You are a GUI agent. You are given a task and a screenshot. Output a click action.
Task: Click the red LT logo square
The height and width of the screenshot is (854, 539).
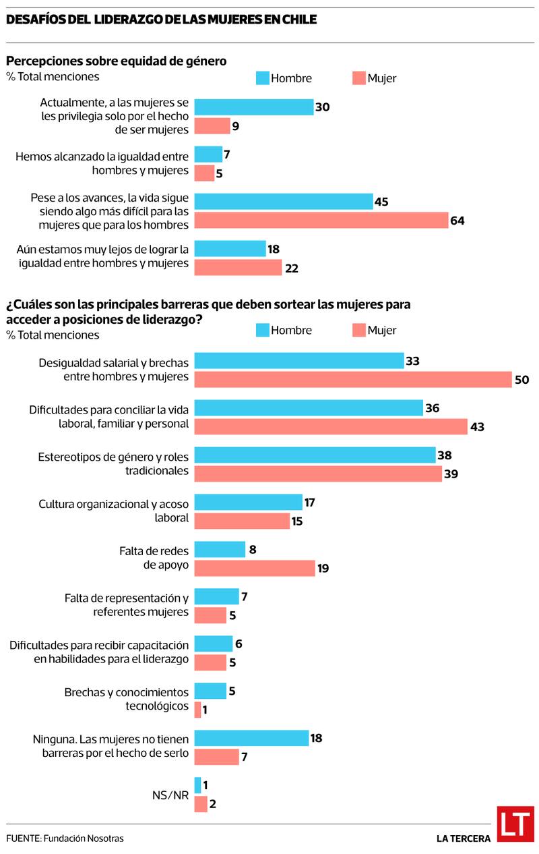(515, 824)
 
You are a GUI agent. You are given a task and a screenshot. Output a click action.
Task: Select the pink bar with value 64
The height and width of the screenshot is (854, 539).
(321, 221)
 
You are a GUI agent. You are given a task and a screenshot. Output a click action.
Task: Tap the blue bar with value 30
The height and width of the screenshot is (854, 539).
(254, 107)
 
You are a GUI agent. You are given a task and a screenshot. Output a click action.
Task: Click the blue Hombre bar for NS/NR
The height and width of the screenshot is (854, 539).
(197, 785)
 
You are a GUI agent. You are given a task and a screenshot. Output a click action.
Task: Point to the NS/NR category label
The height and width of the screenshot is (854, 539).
(171, 795)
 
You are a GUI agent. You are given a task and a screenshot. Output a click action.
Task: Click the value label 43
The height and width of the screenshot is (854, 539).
(478, 427)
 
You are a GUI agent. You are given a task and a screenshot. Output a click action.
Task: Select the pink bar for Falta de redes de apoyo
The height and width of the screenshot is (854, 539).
(255, 568)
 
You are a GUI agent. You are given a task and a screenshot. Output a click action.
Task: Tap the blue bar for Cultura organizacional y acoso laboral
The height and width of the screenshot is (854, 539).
(248, 502)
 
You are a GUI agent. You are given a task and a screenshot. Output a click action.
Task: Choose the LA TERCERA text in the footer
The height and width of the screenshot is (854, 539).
(464, 838)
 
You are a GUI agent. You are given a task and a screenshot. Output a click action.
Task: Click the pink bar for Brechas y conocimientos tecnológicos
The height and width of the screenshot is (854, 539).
(197, 710)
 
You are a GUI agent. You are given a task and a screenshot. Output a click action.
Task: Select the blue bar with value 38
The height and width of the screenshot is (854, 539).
(315, 455)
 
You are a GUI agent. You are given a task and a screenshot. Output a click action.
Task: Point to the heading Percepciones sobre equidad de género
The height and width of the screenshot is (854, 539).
(116, 61)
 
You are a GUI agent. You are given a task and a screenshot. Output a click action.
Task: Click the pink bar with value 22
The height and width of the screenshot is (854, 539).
(238, 268)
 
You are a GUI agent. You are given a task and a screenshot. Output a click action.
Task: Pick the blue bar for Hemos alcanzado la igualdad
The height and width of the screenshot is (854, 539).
(208, 154)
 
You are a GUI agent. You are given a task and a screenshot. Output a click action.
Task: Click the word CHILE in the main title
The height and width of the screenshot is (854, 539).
(299, 20)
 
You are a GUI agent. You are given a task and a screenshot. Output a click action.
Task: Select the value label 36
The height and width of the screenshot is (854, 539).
(433, 408)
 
